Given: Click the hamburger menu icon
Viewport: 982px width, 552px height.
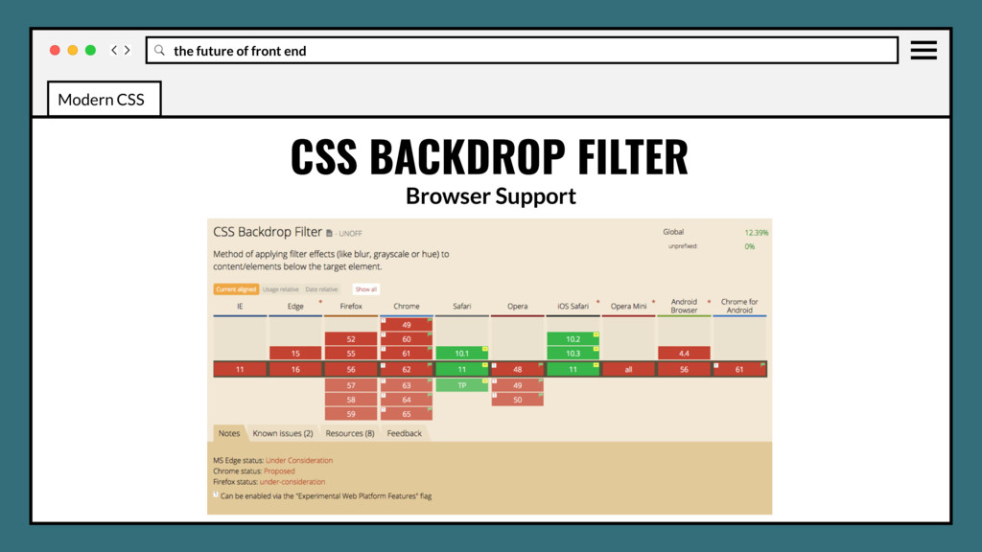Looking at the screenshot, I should pos(924,50).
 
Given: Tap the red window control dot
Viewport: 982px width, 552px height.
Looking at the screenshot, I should pos(55,50).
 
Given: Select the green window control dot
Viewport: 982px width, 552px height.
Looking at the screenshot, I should pos(90,50).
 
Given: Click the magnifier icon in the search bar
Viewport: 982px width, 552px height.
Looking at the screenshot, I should pos(159,50).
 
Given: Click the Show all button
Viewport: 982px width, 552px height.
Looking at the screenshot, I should pos(366,288).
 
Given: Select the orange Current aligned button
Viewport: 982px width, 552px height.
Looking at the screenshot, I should pos(235,288).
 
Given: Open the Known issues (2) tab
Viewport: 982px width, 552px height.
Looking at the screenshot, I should pos(282,433).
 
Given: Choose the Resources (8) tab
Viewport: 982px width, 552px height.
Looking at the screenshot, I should pos(349,433).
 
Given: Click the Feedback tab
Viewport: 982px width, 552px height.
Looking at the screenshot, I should pos(404,433).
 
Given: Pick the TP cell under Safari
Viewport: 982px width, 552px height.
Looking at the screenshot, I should pos(461,384).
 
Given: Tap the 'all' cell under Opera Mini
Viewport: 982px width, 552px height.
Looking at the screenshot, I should pos(628,369).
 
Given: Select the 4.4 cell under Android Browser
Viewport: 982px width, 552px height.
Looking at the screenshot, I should pos(684,354).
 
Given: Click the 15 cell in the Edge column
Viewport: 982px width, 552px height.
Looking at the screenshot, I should pos(295,354).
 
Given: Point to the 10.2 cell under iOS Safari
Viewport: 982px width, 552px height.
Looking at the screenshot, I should pos(573,339).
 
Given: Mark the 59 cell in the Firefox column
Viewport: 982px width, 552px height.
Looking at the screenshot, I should pos(351,414).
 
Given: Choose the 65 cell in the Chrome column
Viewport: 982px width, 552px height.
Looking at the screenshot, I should pos(407,414).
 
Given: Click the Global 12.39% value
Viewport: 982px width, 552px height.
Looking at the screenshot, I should pos(757,232).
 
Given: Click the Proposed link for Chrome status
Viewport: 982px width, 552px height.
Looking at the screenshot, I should pos(280,471).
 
